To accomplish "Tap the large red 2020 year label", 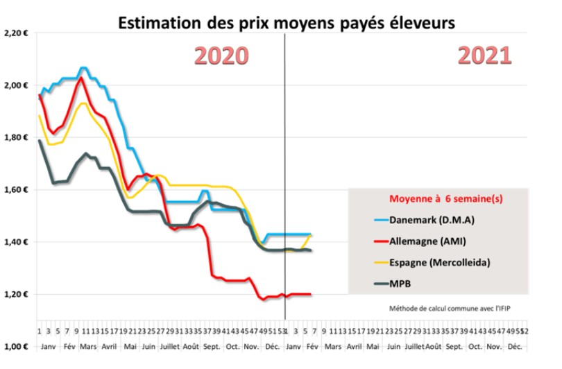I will (223, 56).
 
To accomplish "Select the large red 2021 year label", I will (485, 55).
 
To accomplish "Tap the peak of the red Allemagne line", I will (81, 78).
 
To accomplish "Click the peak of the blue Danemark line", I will (83, 67).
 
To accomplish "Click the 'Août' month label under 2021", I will (433, 345).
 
